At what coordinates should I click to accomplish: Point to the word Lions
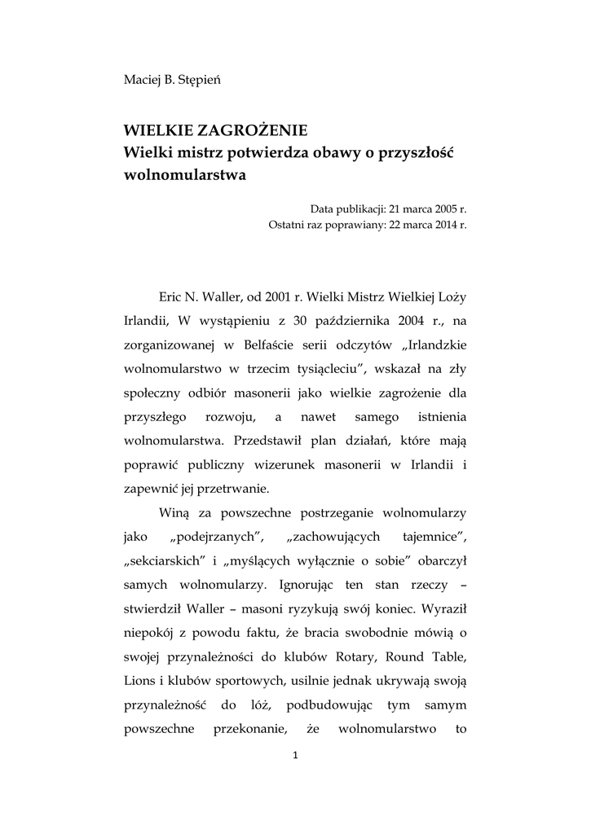click(x=139, y=680)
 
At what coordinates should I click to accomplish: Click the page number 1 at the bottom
click(x=295, y=755)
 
